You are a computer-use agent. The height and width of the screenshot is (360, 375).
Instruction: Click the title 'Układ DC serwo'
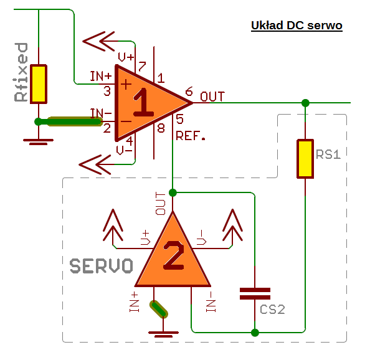pos(297,26)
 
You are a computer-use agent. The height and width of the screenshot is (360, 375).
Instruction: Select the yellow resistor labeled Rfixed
pos(39,84)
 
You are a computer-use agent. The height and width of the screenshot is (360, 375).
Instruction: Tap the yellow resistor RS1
pos(305,159)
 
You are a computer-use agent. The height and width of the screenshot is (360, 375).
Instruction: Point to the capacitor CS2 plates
pos(255,293)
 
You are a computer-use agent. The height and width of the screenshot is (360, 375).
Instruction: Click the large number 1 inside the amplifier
pos(143,102)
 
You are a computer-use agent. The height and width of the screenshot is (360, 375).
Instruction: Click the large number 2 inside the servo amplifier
pos(174,255)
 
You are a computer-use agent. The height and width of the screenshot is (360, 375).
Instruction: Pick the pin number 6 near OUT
pos(189,91)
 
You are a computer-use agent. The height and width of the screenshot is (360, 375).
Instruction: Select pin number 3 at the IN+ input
pos(107,91)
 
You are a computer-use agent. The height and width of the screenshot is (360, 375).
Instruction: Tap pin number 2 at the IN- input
pos(107,128)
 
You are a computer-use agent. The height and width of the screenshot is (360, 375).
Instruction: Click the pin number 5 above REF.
pos(179,119)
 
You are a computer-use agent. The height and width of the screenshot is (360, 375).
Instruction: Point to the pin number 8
pos(161,128)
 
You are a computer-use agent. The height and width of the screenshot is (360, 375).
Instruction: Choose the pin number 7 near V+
pos(142,67)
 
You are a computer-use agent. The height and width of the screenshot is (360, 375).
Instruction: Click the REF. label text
pos(191,136)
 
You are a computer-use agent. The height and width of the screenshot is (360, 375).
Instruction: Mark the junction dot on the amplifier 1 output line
pos(305,103)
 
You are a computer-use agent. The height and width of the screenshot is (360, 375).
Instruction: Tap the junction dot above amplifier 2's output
pos(173,192)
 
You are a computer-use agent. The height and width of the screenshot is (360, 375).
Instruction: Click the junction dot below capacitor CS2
pos(255,333)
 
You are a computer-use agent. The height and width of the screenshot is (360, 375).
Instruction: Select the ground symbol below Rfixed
pos(38,142)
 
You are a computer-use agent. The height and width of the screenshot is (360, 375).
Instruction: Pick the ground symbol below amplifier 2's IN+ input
pos(163,334)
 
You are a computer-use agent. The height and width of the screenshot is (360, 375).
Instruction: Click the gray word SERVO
pos(101,266)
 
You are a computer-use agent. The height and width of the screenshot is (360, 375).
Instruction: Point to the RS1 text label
pos(328,154)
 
